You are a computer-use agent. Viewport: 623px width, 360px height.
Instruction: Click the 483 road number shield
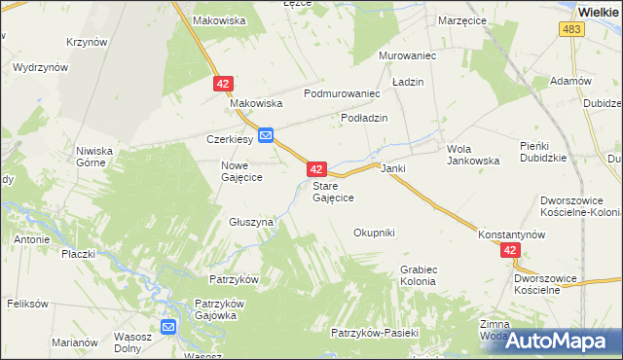(x=572, y=31)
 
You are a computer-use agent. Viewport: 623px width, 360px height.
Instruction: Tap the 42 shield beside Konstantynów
(x=512, y=251)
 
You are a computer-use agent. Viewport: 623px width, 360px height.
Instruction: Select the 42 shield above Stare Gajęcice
(x=315, y=169)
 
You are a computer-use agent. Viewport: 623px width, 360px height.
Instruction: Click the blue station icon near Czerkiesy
(x=266, y=135)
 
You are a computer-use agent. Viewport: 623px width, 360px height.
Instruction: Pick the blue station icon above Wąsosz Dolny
(x=168, y=328)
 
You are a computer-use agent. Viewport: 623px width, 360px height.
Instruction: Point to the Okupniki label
(x=374, y=233)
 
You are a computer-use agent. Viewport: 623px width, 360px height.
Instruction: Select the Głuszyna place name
(x=251, y=222)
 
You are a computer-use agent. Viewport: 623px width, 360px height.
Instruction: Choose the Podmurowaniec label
(x=341, y=93)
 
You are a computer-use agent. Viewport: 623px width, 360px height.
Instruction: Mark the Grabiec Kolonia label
(x=418, y=275)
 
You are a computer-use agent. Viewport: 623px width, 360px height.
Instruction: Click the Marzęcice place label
(x=462, y=20)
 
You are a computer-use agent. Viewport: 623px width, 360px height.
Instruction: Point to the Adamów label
(x=570, y=81)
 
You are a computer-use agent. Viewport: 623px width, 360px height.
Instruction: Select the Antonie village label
(x=32, y=238)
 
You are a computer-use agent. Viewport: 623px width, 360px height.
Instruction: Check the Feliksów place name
(x=27, y=304)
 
